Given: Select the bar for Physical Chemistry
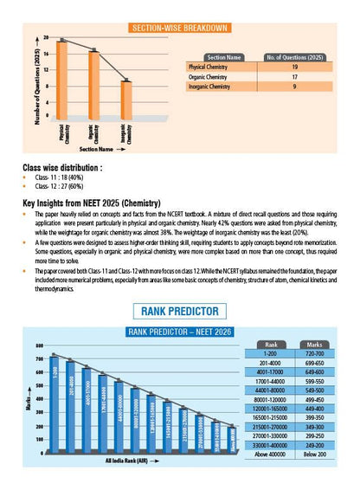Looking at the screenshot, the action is click(62, 79).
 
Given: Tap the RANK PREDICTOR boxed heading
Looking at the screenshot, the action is click(179, 310).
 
